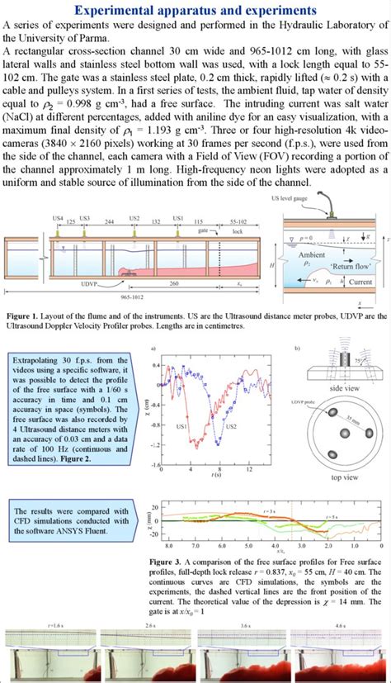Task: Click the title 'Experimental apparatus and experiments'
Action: (195, 10)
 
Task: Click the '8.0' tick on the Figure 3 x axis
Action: (168, 547)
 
